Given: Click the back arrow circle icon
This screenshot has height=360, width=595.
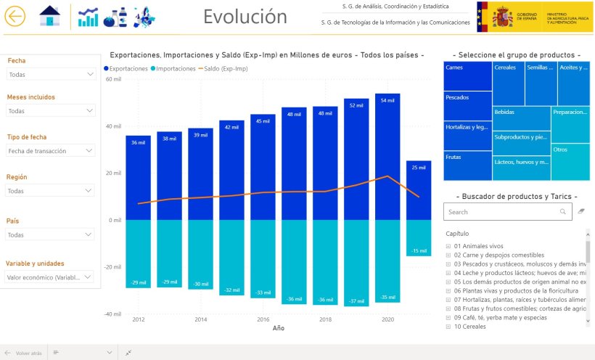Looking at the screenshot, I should tap(15, 16).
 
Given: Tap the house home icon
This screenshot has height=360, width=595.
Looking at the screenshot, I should tap(49, 16).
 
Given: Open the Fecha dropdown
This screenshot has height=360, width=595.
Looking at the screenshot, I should tap(50, 74).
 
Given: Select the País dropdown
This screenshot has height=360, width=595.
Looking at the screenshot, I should tap(50, 234).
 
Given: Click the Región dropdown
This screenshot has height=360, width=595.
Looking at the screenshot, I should tap(50, 190).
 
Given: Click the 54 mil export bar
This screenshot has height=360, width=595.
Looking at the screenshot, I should tap(387, 156).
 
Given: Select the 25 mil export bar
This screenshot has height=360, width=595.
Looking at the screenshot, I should tap(419, 190).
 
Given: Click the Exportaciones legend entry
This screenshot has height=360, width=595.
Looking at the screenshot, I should tap(131, 68).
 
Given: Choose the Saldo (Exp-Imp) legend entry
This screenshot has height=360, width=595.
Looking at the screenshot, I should tap(224, 68).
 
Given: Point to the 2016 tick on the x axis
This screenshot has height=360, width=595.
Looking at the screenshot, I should tap(263, 319).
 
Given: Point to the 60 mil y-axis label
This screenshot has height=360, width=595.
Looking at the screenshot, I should tap(113, 79).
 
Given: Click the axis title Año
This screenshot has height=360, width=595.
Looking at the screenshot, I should tap(279, 328).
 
